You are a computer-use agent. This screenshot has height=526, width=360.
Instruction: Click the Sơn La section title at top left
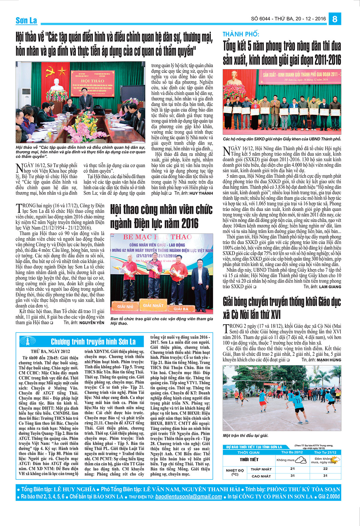tap(26, 20)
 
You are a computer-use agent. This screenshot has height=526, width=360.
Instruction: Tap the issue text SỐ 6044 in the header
tap(261, 19)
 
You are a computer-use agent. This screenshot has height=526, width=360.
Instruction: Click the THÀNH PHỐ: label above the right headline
tap(241, 34)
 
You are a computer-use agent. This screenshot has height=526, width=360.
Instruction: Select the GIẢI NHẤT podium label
tap(153, 305)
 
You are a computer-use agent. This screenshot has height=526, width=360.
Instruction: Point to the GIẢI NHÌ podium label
tap(125, 306)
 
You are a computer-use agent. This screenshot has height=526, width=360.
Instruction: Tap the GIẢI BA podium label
tap(181, 308)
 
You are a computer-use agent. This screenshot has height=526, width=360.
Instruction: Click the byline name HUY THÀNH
tap(201, 193)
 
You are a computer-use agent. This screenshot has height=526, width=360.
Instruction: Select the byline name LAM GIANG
tap(330, 287)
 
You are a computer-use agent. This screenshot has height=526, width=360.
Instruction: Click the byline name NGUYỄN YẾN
tap(92, 323)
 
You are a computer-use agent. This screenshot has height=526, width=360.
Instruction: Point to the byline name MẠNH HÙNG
tap(329, 360)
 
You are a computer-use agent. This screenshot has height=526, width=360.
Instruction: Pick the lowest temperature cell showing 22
tap(325, 469)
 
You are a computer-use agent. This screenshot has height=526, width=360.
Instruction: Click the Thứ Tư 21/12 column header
tap(325, 452)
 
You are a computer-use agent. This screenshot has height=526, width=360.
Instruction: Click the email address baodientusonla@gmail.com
tap(188, 497)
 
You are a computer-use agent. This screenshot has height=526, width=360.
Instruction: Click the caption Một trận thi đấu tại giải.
tap(245, 435)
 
